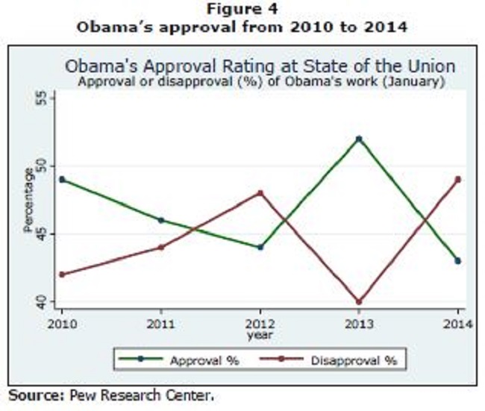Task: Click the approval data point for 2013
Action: pos(359,139)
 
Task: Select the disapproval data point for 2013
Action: pos(359,302)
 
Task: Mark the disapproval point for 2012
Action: pos(260,193)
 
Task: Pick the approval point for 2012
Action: pos(260,247)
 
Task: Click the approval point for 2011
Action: pos(160,220)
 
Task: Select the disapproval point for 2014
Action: pos(458,179)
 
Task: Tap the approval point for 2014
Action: pos(458,260)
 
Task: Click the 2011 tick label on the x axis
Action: pos(160,324)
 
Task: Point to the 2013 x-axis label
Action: pos(359,324)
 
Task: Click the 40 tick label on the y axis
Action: pos(42,302)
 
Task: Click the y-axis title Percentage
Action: pos(28,200)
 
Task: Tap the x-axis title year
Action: pos(260,335)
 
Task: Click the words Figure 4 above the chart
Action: pos(242,9)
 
